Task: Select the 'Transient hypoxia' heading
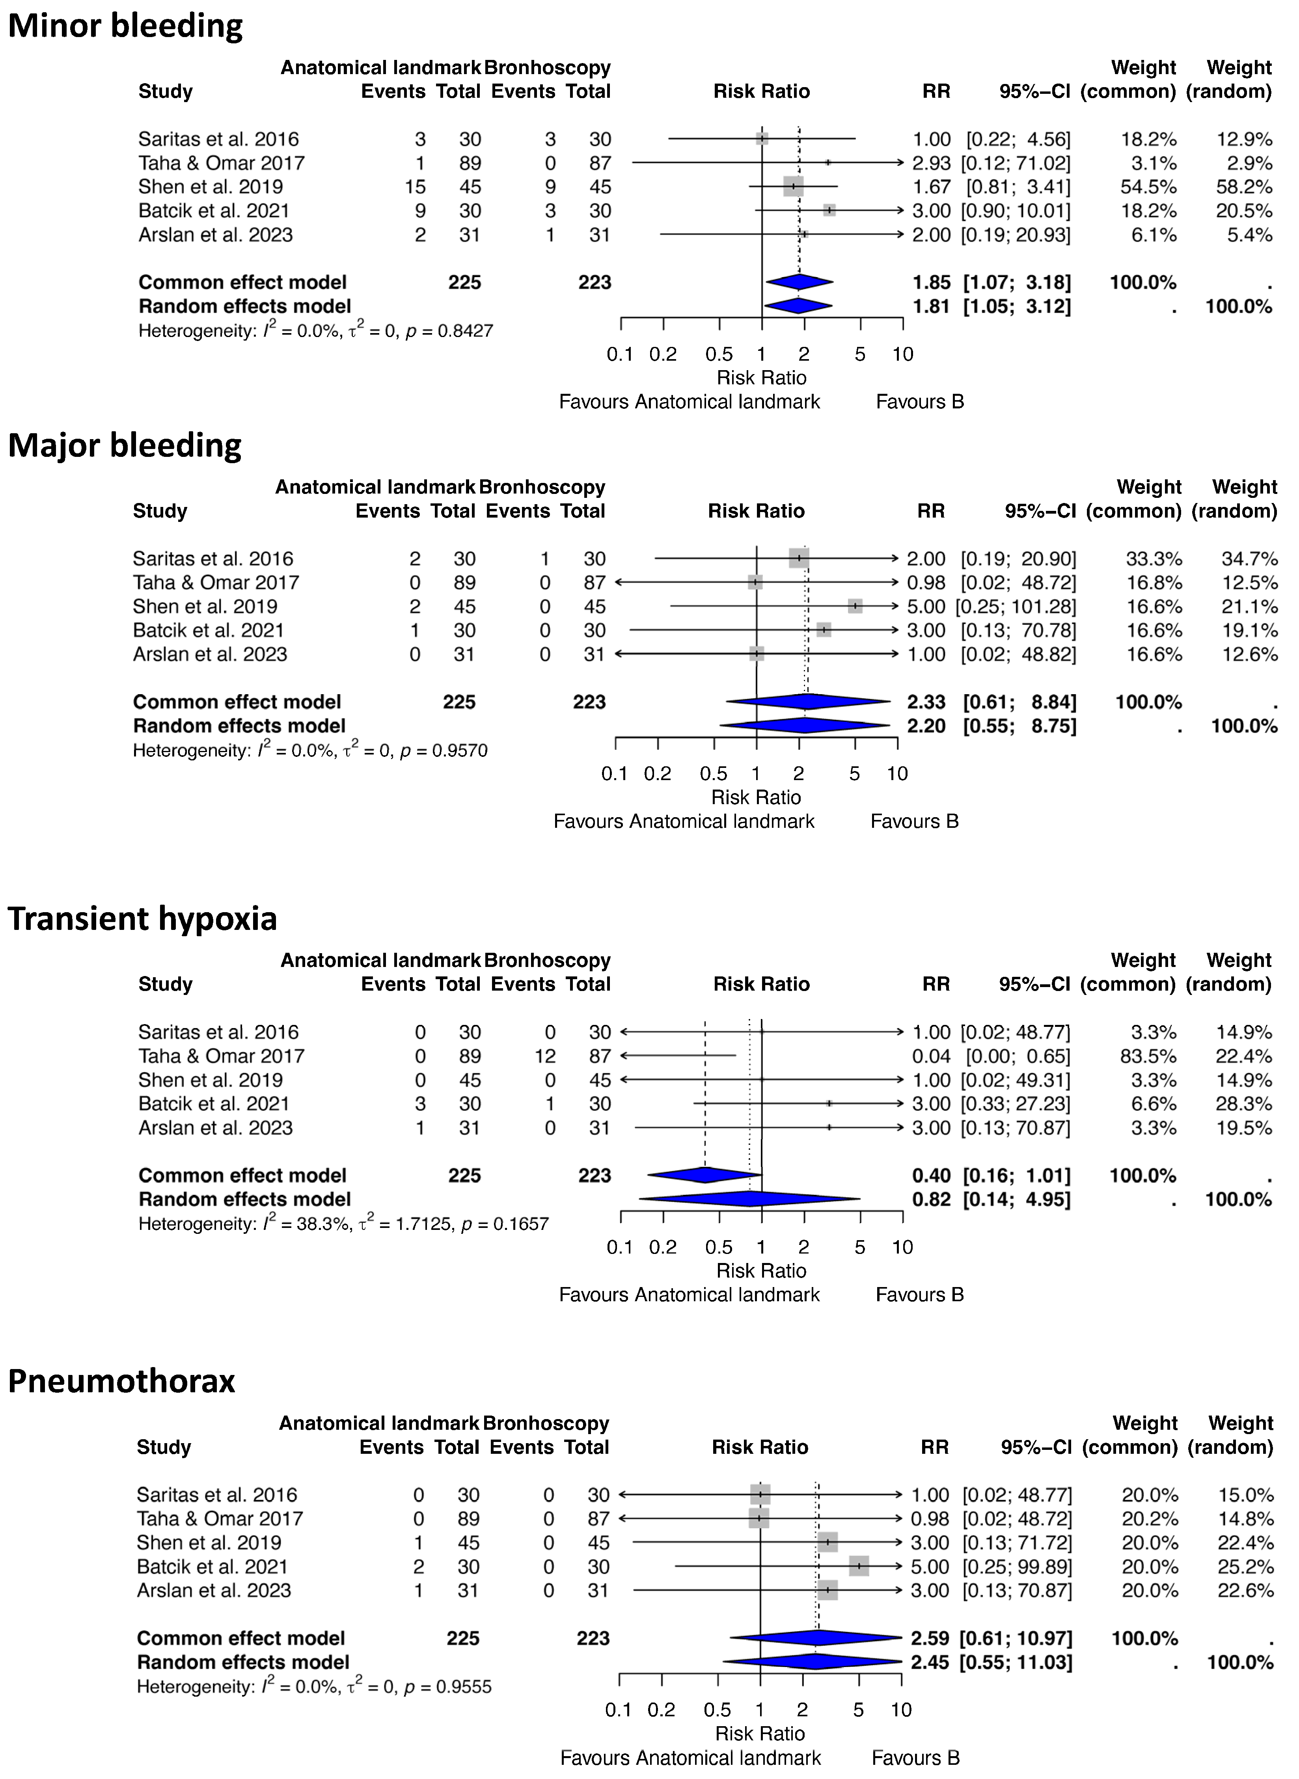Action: (x=142, y=918)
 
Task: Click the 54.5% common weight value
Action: (x=1148, y=187)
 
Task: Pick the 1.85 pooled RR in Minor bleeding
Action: (x=932, y=282)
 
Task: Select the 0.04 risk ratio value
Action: (x=932, y=1056)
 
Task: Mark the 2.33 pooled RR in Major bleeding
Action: (x=926, y=702)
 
